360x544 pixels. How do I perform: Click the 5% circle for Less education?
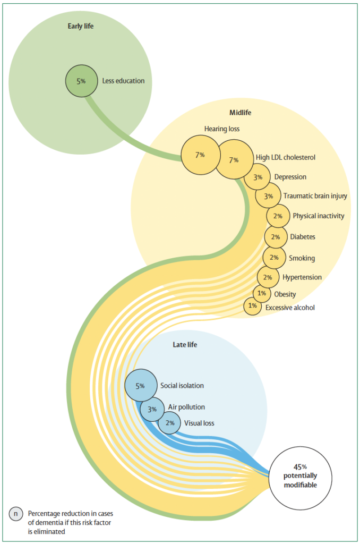point(81,81)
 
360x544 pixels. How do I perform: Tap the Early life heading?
point(81,26)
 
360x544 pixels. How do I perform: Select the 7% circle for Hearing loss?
point(201,155)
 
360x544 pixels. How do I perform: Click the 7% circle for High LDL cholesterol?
point(234,159)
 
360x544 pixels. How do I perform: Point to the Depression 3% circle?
point(258,177)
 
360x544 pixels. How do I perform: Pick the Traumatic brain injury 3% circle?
point(268,195)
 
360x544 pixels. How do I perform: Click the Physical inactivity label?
point(319,216)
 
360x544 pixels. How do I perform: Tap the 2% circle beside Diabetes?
point(276,236)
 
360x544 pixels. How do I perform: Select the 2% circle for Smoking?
point(275,258)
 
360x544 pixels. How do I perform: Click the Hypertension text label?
point(302,277)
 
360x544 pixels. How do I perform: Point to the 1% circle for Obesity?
point(262,293)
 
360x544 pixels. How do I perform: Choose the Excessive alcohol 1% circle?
point(253,306)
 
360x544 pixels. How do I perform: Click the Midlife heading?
point(241,113)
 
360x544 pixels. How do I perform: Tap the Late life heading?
point(185,344)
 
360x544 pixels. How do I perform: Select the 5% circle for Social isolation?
point(141,386)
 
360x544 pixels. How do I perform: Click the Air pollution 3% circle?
point(152,410)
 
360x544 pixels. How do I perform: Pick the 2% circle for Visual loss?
point(169,423)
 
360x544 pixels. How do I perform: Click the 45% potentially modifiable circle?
point(301,478)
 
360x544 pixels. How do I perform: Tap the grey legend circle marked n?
point(16,514)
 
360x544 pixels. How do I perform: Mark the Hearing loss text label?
point(222,129)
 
